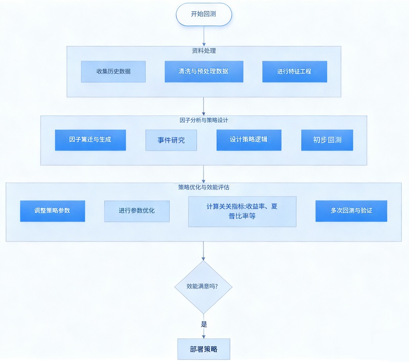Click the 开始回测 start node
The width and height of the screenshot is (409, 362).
tap(203, 14)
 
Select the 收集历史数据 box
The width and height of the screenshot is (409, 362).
tap(113, 71)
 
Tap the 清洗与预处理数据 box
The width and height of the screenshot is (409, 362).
tap(203, 71)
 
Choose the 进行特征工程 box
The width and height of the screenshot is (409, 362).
tap(294, 71)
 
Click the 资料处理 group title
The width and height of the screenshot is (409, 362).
tap(203, 51)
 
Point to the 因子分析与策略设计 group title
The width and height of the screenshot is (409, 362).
tap(203, 120)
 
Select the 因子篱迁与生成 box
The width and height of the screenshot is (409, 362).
tap(90, 140)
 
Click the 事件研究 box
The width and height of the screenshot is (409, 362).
tap(171, 140)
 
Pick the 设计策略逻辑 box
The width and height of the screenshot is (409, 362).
tap(248, 140)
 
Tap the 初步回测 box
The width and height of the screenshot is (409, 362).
tap(327, 140)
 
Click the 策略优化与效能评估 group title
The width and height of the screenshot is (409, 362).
tap(203, 187)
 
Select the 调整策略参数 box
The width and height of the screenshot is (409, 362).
tap(52, 211)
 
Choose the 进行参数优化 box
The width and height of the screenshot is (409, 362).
tap(137, 211)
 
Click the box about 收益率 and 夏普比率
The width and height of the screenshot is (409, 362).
tap(242, 211)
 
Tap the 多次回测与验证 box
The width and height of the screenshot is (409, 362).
tap(351, 211)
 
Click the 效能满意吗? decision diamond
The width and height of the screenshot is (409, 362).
tap(203, 287)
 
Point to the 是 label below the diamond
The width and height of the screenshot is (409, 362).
tap(204, 324)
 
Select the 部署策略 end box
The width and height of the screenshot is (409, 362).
tap(203, 349)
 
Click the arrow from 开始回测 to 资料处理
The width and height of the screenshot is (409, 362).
tap(203, 36)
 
